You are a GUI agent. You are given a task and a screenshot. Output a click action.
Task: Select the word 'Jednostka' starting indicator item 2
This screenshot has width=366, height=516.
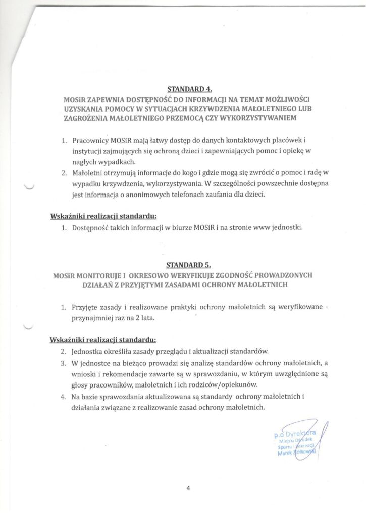pos(88,351)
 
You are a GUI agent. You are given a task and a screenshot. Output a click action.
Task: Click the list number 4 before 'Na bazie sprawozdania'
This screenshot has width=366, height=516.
pos(63,397)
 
